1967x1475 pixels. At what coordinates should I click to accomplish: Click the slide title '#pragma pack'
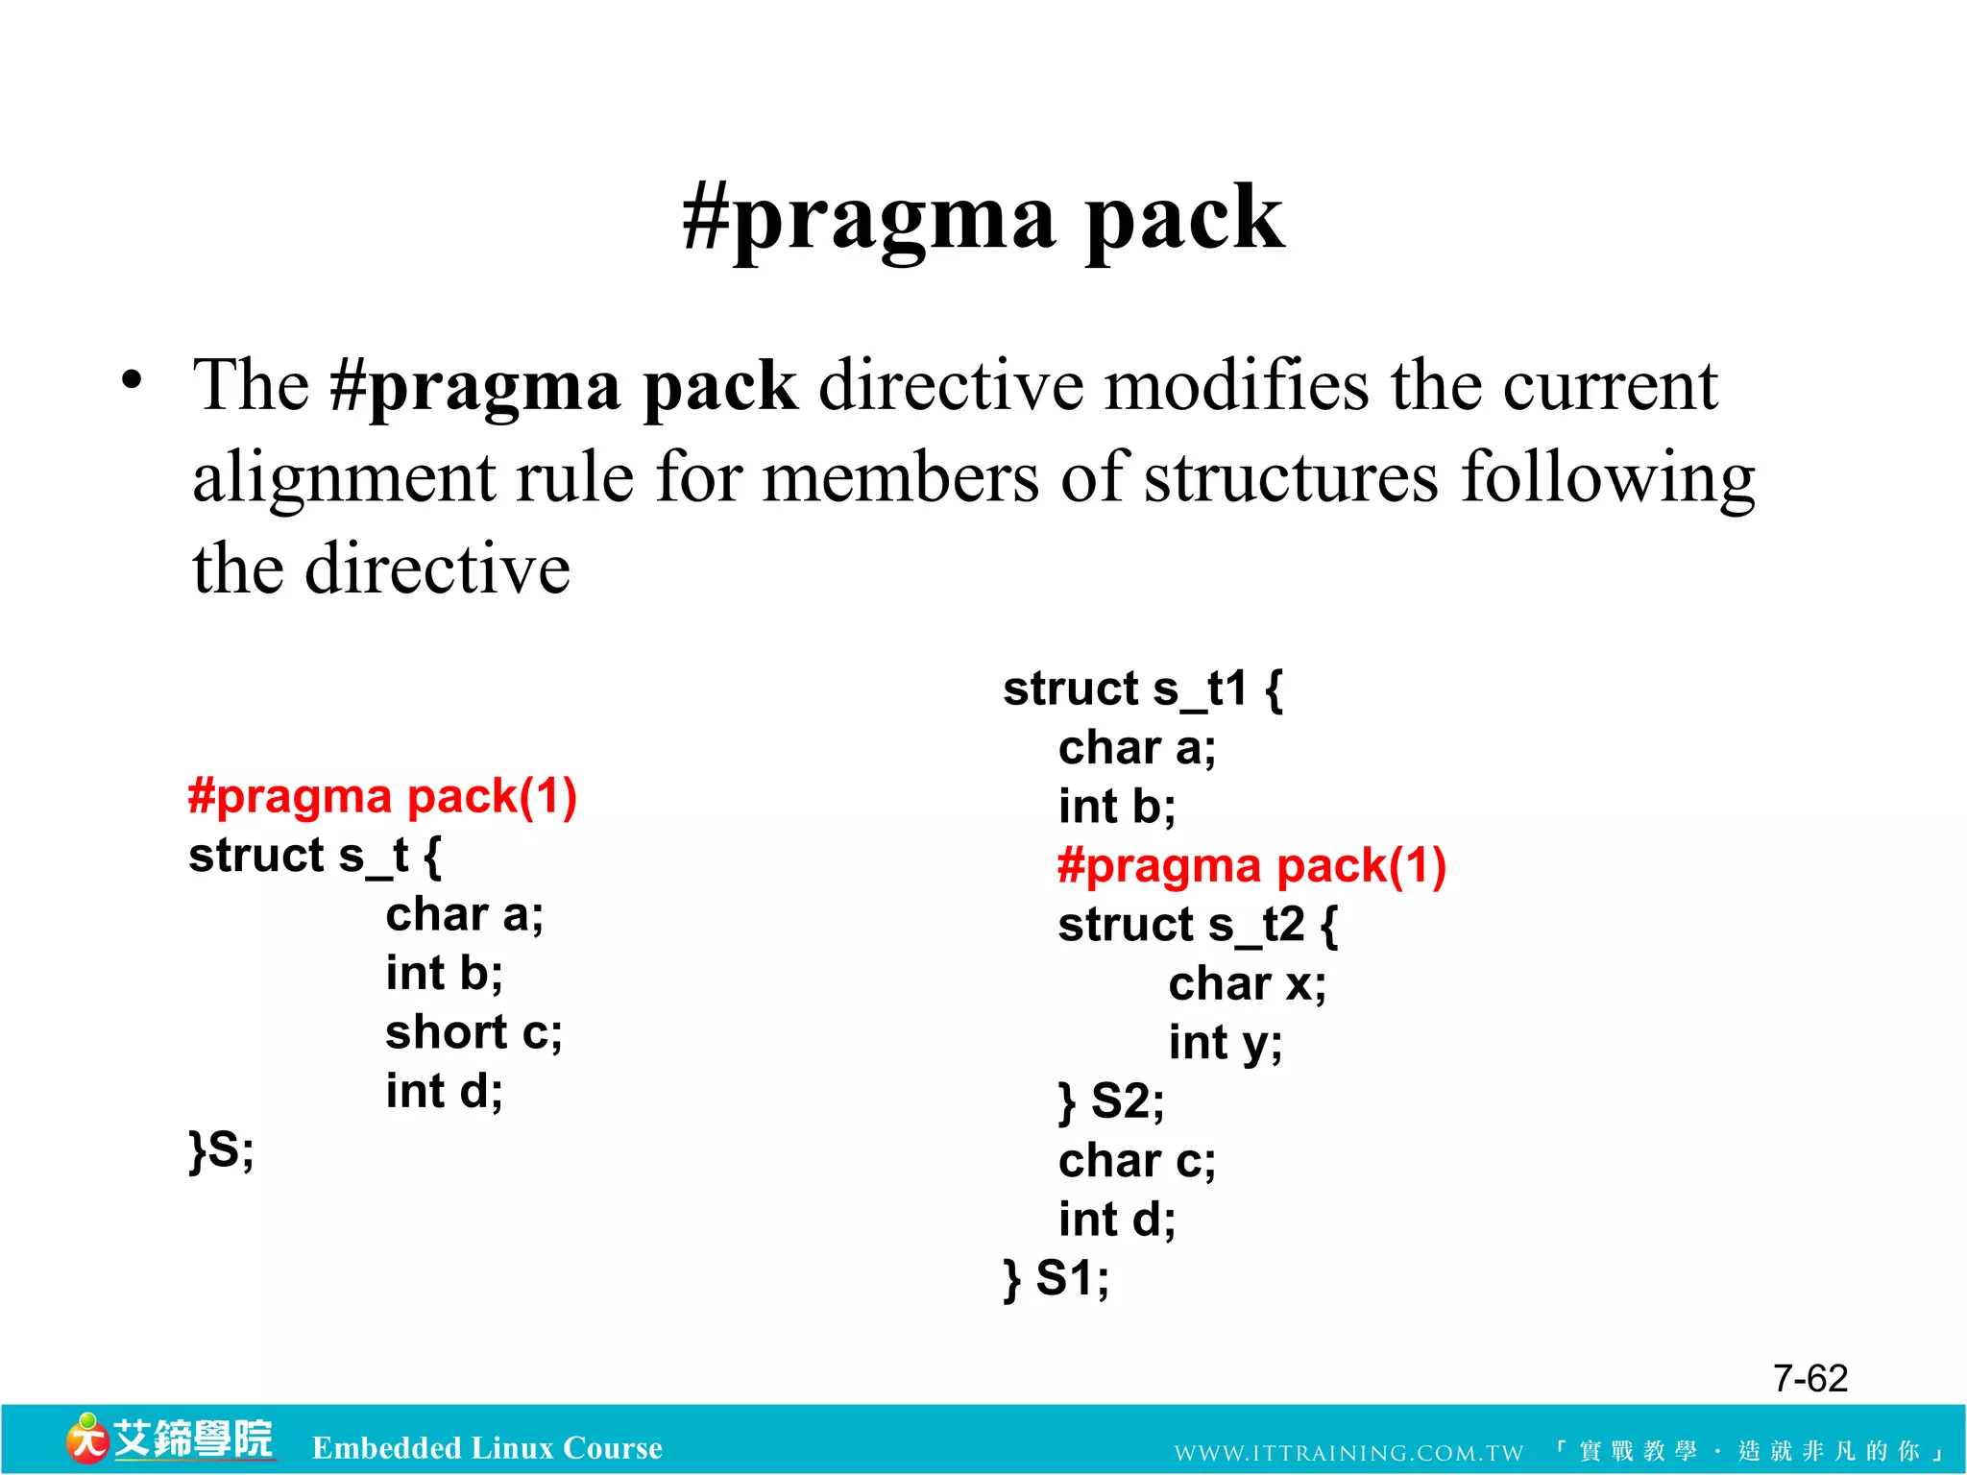coord(983,219)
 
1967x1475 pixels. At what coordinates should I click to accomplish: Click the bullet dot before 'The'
coord(133,381)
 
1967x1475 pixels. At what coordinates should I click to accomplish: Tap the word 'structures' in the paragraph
coord(1291,477)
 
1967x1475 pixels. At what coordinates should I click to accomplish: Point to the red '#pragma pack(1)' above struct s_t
coord(382,796)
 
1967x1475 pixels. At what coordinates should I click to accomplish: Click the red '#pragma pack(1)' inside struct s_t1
coord(1251,865)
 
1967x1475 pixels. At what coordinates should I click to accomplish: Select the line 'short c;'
coord(474,1032)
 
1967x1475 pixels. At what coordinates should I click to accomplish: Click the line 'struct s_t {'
coord(314,856)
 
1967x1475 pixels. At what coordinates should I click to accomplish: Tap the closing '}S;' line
coord(222,1149)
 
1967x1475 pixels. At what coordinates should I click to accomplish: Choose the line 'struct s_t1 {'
coord(1142,689)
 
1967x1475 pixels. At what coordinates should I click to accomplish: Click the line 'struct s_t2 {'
coord(1197,926)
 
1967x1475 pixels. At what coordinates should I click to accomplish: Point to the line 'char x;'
coord(1247,984)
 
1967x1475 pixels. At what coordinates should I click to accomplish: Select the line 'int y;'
coord(1225,1044)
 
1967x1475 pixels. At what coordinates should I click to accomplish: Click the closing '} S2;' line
coord(1110,1101)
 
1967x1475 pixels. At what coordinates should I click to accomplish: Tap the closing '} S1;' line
coord(1056,1279)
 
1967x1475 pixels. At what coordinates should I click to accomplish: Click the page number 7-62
coord(1809,1379)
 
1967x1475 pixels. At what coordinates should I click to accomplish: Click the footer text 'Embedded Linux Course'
coord(487,1448)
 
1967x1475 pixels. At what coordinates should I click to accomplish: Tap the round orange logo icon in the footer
coord(87,1439)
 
